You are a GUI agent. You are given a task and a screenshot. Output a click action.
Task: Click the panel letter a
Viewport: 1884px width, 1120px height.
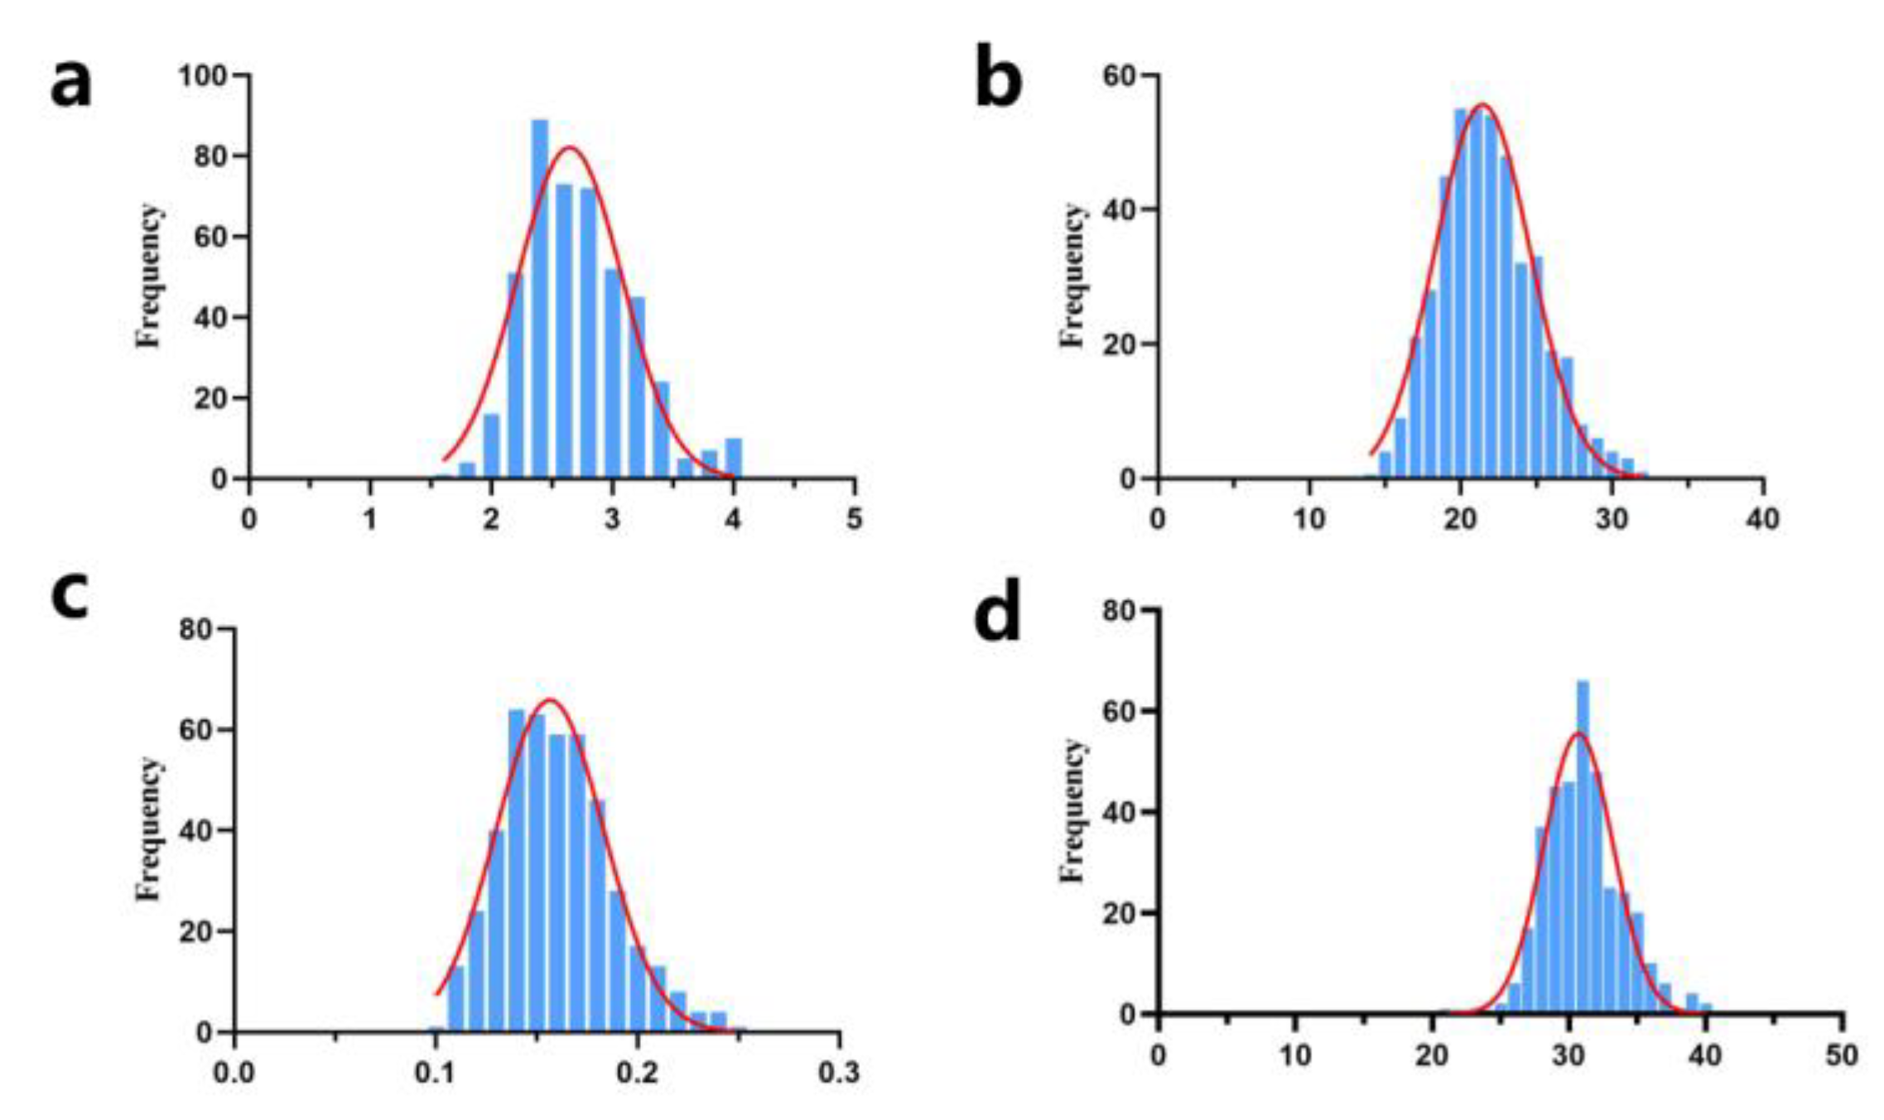click(x=70, y=85)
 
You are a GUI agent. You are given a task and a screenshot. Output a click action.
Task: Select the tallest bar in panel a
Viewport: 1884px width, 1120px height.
click(x=539, y=298)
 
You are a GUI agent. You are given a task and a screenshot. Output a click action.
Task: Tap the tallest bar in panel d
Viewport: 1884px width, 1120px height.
click(x=1582, y=844)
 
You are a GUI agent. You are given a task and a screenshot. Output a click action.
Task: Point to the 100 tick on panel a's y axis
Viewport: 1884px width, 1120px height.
click(x=203, y=76)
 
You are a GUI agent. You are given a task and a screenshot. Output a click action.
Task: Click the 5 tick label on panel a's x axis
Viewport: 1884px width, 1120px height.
click(x=854, y=520)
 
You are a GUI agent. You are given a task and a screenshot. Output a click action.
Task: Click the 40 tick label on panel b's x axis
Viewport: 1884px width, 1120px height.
click(x=1761, y=520)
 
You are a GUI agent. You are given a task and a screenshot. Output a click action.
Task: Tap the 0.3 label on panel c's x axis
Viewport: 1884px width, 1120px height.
click(x=838, y=1074)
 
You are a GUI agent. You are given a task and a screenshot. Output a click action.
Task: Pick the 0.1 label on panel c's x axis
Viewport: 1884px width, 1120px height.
click(x=435, y=1074)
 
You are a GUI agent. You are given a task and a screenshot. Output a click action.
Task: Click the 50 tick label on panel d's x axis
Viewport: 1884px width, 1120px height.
click(x=1842, y=1055)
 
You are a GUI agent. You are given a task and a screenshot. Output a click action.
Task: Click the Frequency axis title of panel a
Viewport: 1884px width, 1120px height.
click(x=149, y=276)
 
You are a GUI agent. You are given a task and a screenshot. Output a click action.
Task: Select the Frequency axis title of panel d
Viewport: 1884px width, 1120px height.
click(x=1072, y=811)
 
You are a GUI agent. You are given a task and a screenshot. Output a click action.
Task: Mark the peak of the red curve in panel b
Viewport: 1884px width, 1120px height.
click(x=1482, y=105)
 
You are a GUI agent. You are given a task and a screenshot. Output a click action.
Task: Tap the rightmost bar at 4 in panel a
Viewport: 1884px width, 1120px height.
click(x=733, y=458)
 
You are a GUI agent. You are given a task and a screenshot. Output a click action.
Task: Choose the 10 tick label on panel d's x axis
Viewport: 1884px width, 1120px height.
click(x=1294, y=1055)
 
